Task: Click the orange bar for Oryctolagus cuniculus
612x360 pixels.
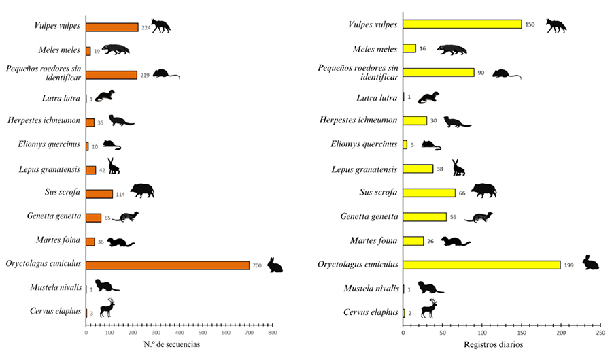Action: click(x=167, y=265)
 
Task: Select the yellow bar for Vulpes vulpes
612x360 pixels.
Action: click(x=462, y=24)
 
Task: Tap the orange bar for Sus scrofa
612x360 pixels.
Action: click(x=99, y=194)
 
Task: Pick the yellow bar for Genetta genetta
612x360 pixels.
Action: click(x=425, y=217)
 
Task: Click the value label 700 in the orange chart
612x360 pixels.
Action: click(x=257, y=265)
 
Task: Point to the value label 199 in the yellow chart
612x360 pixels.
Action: click(x=569, y=265)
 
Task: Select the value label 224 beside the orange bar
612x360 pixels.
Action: click(x=145, y=28)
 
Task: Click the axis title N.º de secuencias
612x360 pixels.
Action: click(x=173, y=344)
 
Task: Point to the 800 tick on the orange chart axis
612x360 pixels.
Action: click(x=272, y=333)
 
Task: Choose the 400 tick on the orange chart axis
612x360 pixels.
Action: click(x=179, y=333)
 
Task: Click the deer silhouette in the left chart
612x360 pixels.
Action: click(x=107, y=308)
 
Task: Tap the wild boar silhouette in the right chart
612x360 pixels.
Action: click(x=483, y=191)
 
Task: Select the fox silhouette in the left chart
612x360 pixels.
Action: click(x=160, y=26)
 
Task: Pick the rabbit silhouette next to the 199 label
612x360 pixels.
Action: click(x=590, y=263)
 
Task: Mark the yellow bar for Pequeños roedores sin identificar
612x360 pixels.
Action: click(x=439, y=72)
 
